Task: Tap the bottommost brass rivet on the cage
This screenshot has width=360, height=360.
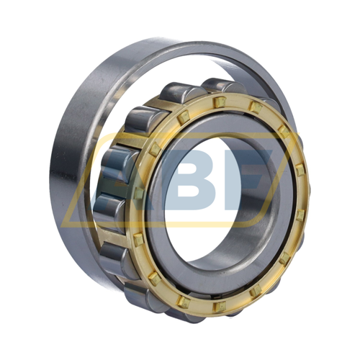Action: tap(220, 306)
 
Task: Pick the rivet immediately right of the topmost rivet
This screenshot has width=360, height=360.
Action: tap(256, 107)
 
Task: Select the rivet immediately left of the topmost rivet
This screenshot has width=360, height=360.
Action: tap(184, 117)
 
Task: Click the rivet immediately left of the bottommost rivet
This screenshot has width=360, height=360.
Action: tap(184, 301)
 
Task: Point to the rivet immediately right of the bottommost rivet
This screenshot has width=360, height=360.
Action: tap(255, 291)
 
